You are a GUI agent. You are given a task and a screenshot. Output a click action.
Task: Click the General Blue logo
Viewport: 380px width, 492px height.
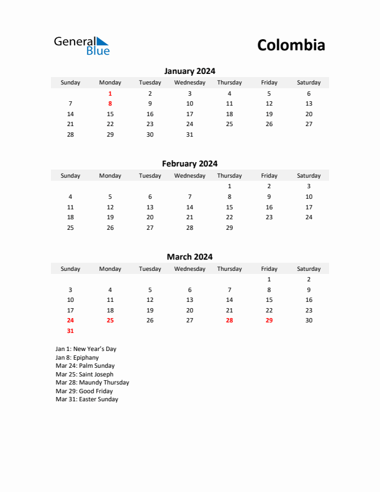tap(81, 45)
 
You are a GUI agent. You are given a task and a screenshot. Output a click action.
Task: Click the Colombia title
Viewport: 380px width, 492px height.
tap(291, 45)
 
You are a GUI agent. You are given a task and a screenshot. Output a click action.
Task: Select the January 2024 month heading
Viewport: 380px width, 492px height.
tap(189, 71)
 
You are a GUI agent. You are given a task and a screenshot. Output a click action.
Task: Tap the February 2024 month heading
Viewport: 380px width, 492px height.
tap(189, 164)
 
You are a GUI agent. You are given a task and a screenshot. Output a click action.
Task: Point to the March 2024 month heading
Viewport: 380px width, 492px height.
tap(189, 257)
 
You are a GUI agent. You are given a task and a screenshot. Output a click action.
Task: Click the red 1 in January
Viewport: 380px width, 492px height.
tap(111, 93)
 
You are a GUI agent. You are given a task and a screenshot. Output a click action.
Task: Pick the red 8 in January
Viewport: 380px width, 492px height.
tap(111, 104)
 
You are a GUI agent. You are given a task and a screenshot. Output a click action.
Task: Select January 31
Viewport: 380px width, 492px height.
tap(189, 134)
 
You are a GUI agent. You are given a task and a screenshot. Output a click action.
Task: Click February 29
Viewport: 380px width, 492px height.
tap(229, 227)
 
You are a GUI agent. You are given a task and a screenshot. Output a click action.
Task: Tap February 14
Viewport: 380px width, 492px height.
tap(189, 207)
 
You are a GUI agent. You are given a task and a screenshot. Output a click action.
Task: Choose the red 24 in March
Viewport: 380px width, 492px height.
tap(70, 321)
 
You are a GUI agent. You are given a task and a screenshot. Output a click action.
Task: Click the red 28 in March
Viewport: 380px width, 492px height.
tap(229, 321)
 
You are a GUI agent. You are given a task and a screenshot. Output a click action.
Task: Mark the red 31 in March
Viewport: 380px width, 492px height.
tap(70, 331)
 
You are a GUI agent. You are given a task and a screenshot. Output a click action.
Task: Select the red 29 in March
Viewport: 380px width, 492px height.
tap(269, 321)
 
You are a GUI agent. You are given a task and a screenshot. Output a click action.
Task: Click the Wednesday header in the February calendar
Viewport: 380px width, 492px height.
tap(189, 176)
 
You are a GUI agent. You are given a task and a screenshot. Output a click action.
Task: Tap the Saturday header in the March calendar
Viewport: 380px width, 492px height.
tap(309, 269)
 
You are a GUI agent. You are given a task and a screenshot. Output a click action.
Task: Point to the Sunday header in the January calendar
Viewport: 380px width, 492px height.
tap(70, 83)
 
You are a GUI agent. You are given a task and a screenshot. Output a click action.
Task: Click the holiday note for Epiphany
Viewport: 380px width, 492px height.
tap(77, 358)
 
